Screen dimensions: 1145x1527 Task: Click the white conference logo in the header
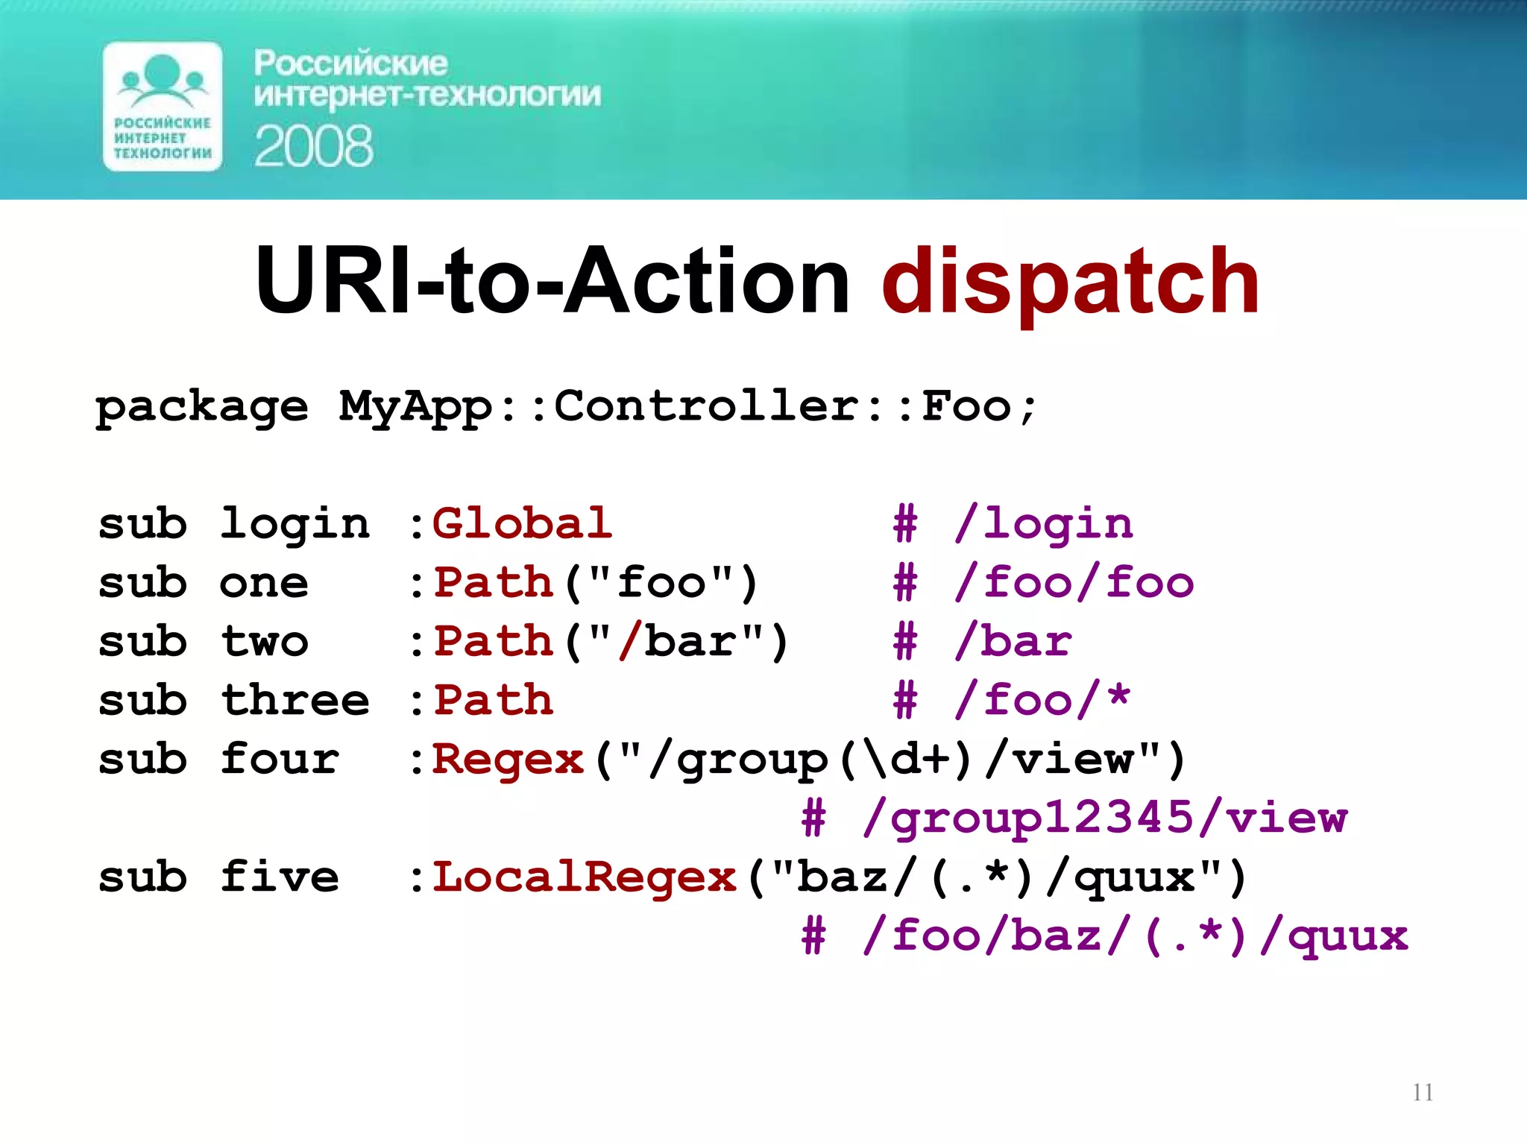click(x=163, y=107)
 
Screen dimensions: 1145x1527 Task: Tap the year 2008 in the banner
click(x=313, y=146)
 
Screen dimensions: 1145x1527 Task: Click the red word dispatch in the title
click(x=1070, y=282)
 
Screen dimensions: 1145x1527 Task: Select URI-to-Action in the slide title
click(x=552, y=282)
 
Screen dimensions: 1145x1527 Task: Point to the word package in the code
click(x=201, y=408)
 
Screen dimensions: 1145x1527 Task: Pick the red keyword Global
click(x=522, y=523)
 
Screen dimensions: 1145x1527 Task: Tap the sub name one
click(x=264, y=583)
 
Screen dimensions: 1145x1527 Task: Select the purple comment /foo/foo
click(x=1074, y=583)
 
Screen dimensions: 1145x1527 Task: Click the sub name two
click(x=264, y=641)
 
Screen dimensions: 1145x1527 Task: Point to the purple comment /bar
click(x=1014, y=641)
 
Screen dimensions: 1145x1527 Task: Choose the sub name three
click(x=295, y=700)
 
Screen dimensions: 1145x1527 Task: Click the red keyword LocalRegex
click(x=585, y=877)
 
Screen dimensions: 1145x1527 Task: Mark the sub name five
click(x=280, y=877)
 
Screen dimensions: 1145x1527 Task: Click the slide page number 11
click(x=1423, y=1093)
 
